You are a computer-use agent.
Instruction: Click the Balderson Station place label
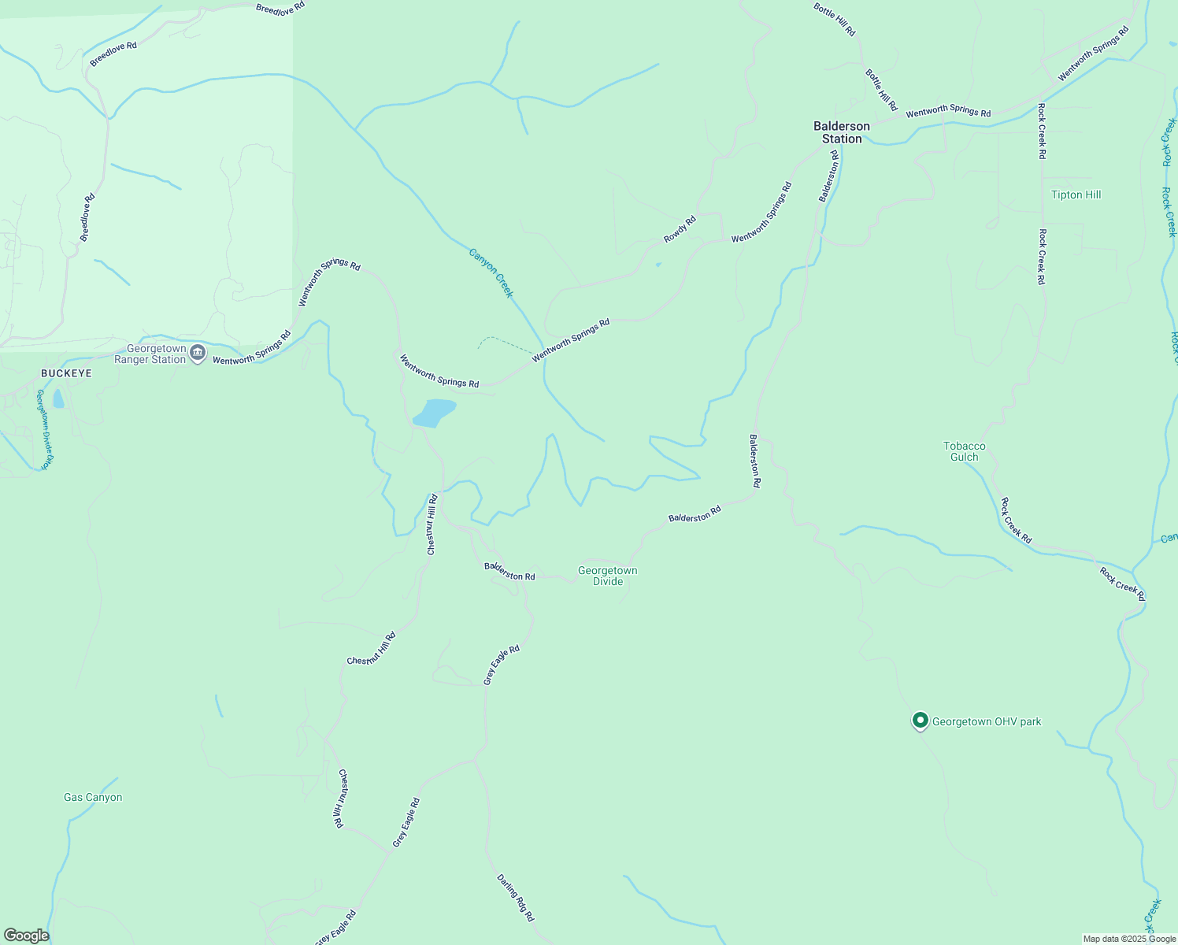point(842,132)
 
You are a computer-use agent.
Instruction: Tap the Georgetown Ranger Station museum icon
point(198,354)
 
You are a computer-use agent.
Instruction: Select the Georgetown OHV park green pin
point(920,721)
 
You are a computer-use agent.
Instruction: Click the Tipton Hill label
point(1076,195)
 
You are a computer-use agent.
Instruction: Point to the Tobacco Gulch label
point(965,451)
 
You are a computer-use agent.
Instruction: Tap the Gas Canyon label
point(93,797)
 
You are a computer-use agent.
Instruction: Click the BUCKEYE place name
point(66,373)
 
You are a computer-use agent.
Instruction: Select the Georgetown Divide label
point(607,576)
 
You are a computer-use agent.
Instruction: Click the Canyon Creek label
point(491,272)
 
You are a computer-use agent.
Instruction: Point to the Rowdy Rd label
point(680,229)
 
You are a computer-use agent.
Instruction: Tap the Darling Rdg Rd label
point(515,898)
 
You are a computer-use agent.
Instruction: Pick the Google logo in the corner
point(27,936)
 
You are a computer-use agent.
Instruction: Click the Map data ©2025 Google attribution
point(1129,939)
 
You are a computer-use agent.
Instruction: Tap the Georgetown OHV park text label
point(987,721)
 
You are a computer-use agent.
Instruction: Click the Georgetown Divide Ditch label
point(44,429)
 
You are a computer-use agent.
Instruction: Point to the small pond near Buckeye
point(58,398)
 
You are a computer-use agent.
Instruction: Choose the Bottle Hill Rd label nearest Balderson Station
point(881,89)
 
